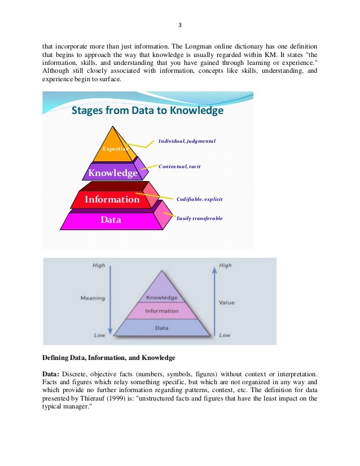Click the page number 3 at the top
coord(179,25)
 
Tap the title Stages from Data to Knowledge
coord(147,111)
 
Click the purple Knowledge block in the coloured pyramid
coord(112,173)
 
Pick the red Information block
coord(112,199)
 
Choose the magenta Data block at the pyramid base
coord(111,220)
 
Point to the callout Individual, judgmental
coord(187,140)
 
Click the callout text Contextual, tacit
coord(179,167)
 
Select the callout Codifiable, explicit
coord(199,199)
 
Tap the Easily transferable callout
coord(199,218)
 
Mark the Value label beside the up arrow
coord(226,302)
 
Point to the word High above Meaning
coord(99,265)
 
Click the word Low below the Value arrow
coord(225,335)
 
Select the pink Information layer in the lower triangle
coord(161,311)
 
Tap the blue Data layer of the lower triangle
coord(161,327)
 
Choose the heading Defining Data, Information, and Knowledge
coord(109,358)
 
